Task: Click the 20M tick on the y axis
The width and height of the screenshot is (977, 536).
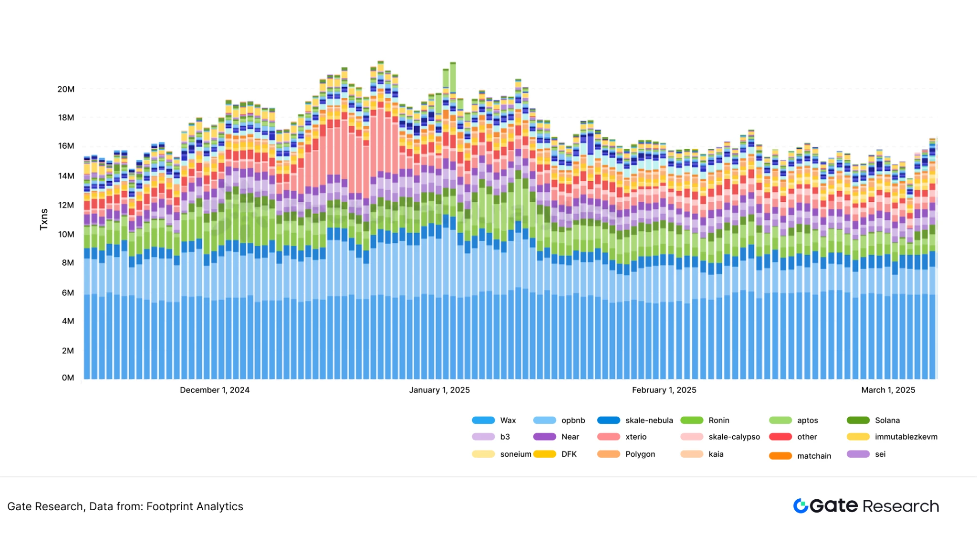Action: (66, 89)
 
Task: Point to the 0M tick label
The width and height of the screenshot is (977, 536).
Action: (68, 378)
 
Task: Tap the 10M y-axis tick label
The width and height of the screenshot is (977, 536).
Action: (66, 234)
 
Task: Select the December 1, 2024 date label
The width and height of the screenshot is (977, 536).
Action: (215, 390)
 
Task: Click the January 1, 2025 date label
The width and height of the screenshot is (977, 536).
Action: (439, 390)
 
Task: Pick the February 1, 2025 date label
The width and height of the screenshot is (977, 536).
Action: (664, 390)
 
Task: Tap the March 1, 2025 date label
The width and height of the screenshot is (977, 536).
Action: (888, 390)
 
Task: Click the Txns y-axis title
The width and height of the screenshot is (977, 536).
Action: (44, 219)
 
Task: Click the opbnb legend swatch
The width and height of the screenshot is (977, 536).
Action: (544, 420)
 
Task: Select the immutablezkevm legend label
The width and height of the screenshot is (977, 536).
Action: (906, 437)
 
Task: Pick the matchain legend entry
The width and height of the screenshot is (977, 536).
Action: (814, 456)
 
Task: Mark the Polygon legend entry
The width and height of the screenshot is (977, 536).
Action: (640, 454)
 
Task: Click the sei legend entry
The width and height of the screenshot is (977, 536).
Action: (880, 454)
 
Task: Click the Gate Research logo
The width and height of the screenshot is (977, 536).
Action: (866, 506)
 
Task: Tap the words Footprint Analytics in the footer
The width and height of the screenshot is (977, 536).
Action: (195, 506)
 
